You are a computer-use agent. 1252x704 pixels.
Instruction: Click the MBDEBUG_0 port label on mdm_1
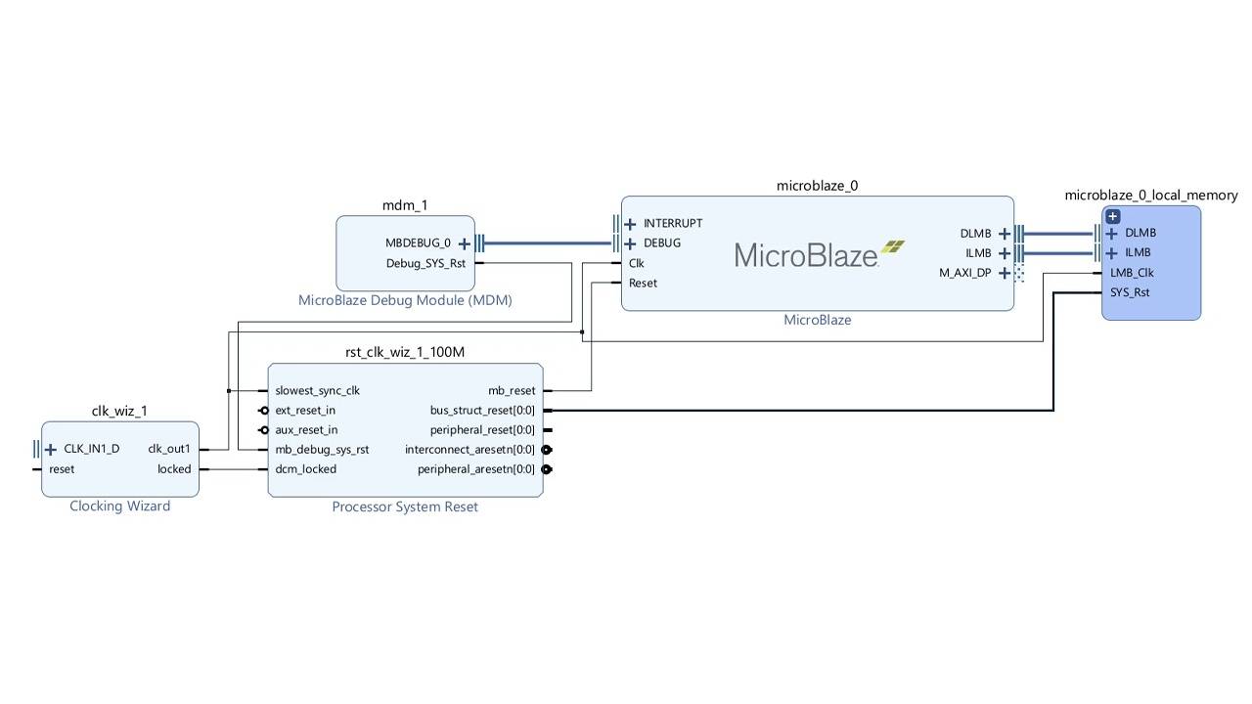(x=418, y=243)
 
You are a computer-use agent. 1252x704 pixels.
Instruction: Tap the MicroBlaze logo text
(x=806, y=256)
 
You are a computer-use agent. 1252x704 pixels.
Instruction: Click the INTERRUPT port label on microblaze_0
(x=672, y=224)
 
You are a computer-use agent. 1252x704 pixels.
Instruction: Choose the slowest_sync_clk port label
(x=317, y=391)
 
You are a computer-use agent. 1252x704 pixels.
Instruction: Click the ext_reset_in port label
(x=305, y=411)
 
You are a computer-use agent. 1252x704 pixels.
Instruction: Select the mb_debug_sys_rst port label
(x=322, y=450)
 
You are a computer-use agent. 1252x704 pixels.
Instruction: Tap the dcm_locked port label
(x=305, y=469)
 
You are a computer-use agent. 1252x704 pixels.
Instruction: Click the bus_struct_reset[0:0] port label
(x=482, y=411)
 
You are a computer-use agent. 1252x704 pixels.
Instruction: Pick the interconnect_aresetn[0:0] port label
(x=469, y=450)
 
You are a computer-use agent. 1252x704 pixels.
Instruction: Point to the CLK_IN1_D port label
(x=91, y=450)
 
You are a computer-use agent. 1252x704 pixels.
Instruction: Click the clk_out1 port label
(x=169, y=450)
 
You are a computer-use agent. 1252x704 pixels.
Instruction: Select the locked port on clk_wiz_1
(x=174, y=469)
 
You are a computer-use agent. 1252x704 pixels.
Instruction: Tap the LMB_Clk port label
(x=1132, y=274)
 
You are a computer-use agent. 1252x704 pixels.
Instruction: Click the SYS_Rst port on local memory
(x=1130, y=292)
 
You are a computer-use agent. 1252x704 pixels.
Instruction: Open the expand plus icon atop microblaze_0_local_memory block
(x=1112, y=216)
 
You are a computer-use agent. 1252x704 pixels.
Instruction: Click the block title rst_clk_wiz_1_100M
(x=405, y=352)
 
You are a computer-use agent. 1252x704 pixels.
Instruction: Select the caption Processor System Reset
(x=405, y=506)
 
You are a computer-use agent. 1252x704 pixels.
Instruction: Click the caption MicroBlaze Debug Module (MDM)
(x=405, y=300)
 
